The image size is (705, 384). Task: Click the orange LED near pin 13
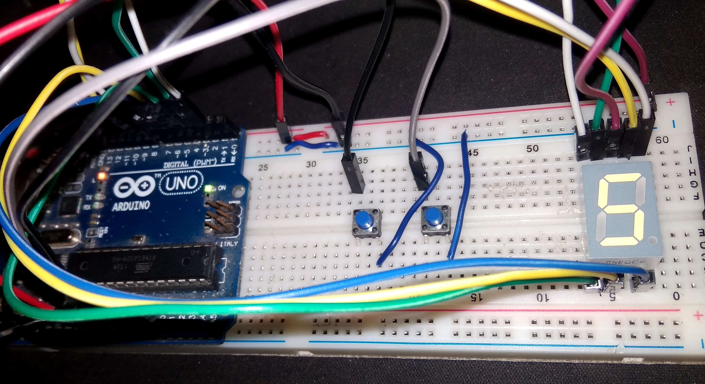102,176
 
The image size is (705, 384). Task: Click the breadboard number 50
532,149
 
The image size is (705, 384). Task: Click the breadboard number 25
263,167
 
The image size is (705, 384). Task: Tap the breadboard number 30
311,164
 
